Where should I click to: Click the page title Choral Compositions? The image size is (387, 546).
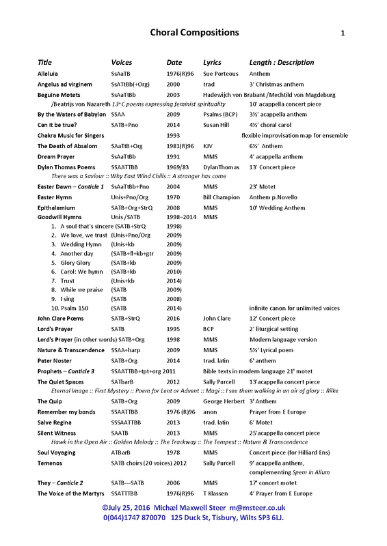point(194,32)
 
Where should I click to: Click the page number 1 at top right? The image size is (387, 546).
point(343,33)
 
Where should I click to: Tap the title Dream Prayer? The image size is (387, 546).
point(56,156)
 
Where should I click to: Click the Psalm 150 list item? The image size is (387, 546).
point(75,308)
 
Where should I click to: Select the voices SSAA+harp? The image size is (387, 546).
point(127,349)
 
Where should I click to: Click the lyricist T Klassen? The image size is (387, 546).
point(218,493)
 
